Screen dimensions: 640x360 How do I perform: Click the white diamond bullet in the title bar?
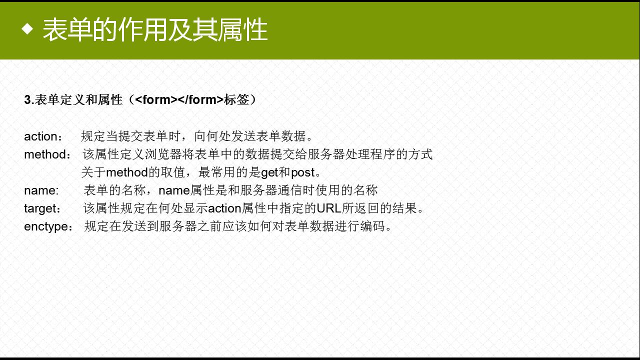[x=27, y=29]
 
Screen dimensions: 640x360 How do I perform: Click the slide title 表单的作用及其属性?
[x=155, y=29]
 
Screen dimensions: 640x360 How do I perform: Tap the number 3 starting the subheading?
[x=27, y=99]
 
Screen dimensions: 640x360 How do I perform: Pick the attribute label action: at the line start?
[x=43, y=136]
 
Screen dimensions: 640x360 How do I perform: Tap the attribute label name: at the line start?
[x=41, y=190]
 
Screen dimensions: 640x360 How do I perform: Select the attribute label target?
[x=42, y=208]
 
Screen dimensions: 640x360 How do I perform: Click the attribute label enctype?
[x=48, y=226]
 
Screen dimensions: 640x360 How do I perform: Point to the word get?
[x=269, y=172]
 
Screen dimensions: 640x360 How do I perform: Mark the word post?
[x=303, y=172]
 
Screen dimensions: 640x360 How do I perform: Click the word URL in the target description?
[x=329, y=208]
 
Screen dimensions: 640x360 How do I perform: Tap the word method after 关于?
[x=127, y=172]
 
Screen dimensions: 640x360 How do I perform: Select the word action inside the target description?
[x=224, y=208]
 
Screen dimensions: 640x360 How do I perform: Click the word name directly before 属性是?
[x=174, y=190]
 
